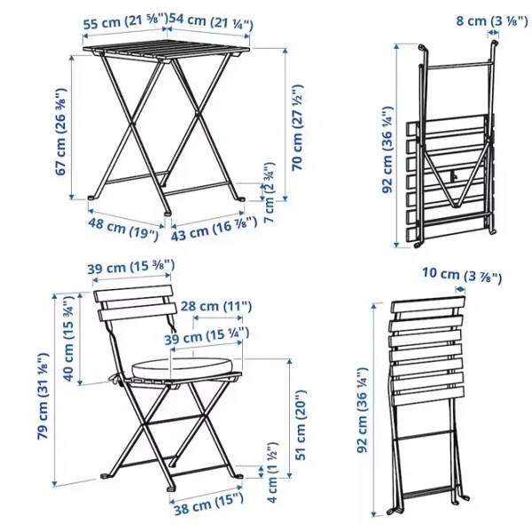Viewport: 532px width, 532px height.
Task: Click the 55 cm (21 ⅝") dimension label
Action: pyautogui.click(x=126, y=22)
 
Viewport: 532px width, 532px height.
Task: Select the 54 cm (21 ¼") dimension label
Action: pyautogui.click(x=211, y=21)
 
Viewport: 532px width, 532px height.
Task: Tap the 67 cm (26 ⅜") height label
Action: pyautogui.click(x=61, y=131)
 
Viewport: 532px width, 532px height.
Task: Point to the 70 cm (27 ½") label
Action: pyautogui.click(x=298, y=127)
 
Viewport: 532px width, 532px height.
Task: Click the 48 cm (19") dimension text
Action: pyautogui.click(x=123, y=229)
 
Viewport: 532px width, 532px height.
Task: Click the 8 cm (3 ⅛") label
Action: pyautogui.click(x=491, y=20)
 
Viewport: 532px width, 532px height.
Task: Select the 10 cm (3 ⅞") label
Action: pyautogui.click(x=462, y=275)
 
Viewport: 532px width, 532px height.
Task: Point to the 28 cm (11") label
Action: pyautogui.click(x=215, y=307)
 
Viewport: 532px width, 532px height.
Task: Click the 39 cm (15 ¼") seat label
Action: pyautogui.click(x=207, y=336)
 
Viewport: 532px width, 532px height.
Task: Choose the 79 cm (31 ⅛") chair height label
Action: pyautogui.click(x=43, y=396)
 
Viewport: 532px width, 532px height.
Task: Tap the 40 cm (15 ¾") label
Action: pyautogui.click(x=69, y=339)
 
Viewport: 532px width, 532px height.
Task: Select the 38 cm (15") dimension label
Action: pyautogui.click(x=208, y=504)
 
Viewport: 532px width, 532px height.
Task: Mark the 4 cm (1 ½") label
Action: pyautogui.click(x=272, y=472)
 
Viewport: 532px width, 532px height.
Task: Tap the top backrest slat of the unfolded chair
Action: pyautogui.click(x=134, y=293)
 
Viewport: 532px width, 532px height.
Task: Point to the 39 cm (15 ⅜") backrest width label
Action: pyautogui.click(x=131, y=267)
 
